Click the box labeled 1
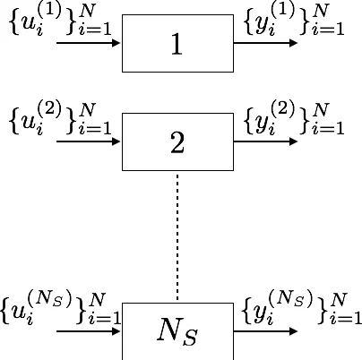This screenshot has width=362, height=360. pos(177,43)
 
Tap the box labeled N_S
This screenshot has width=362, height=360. pos(177,331)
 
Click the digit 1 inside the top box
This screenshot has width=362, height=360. pos(177,44)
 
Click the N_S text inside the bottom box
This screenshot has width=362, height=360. pos(177,333)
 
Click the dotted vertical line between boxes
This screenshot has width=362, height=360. pos(177,237)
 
